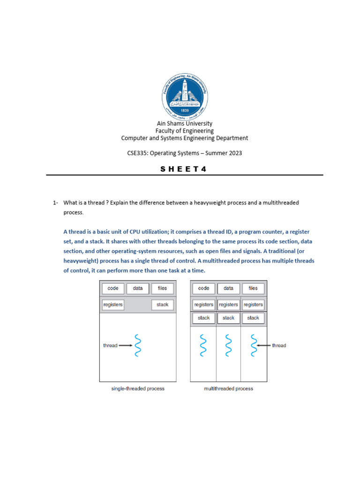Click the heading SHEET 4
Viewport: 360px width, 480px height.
(x=184, y=169)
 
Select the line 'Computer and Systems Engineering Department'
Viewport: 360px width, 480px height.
(x=184, y=138)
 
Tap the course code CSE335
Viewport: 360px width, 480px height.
(x=138, y=153)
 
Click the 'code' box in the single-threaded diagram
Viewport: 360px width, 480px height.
(x=113, y=288)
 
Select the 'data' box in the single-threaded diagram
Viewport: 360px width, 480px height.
(x=138, y=288)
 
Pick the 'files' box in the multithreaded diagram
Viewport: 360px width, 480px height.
(x=253, y=288)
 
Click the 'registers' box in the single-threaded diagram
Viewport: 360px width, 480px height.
(x=113, y=305)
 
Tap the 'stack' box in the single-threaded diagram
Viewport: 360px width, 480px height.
(x=162, y=305)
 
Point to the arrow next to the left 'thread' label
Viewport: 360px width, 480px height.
(x=126, y=345)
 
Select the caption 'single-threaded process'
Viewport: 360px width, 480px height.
(x=138, y=389)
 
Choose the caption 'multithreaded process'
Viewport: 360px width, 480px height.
(x=229, y=389)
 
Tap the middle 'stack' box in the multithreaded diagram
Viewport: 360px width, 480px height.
(x=229, y=318)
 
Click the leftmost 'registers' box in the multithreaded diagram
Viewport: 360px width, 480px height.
(x=204, y=305)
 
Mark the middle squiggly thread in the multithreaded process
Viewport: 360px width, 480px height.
(x=229, y=345)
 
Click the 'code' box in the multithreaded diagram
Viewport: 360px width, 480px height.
(x=204, y=288)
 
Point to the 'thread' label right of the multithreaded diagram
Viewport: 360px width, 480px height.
(x=279, y=345)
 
